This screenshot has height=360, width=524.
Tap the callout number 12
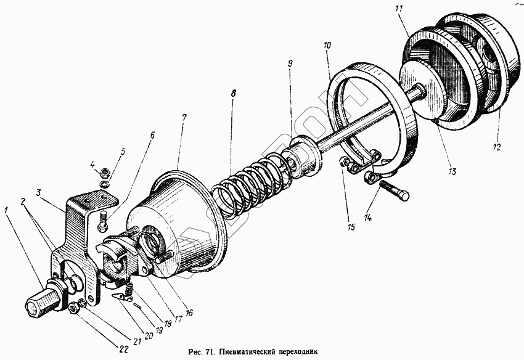[497, 147]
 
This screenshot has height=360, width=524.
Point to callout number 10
[327, 45]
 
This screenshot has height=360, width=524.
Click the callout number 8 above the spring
[232, 94]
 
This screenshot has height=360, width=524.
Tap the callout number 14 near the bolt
[369, 217]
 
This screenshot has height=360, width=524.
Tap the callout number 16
[189, 313]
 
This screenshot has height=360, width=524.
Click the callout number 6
[152, 134]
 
